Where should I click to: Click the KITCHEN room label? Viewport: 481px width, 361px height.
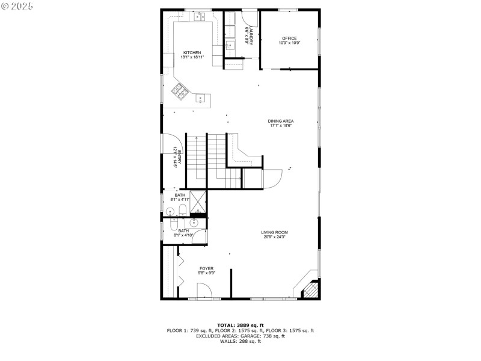point(192,52)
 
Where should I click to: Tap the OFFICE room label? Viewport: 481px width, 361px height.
point(289,39)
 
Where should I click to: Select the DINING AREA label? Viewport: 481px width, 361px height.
point(281,121)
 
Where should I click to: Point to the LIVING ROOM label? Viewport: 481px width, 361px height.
point(274,232)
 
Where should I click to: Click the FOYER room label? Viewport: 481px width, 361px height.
point(206,268)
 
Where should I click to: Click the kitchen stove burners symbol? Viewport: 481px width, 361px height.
point(180,91)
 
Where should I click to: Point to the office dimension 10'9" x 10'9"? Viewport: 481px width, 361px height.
point(289,43)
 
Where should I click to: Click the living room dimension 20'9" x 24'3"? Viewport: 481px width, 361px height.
point(274,237)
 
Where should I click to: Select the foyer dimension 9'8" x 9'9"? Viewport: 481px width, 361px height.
point(206,273)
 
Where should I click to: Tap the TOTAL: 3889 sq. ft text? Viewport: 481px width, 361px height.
point(240,325)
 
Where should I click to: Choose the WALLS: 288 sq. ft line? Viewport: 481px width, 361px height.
point(240,342)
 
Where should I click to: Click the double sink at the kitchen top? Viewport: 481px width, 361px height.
point(199,16)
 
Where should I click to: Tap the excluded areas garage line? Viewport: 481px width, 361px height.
point(240,336)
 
